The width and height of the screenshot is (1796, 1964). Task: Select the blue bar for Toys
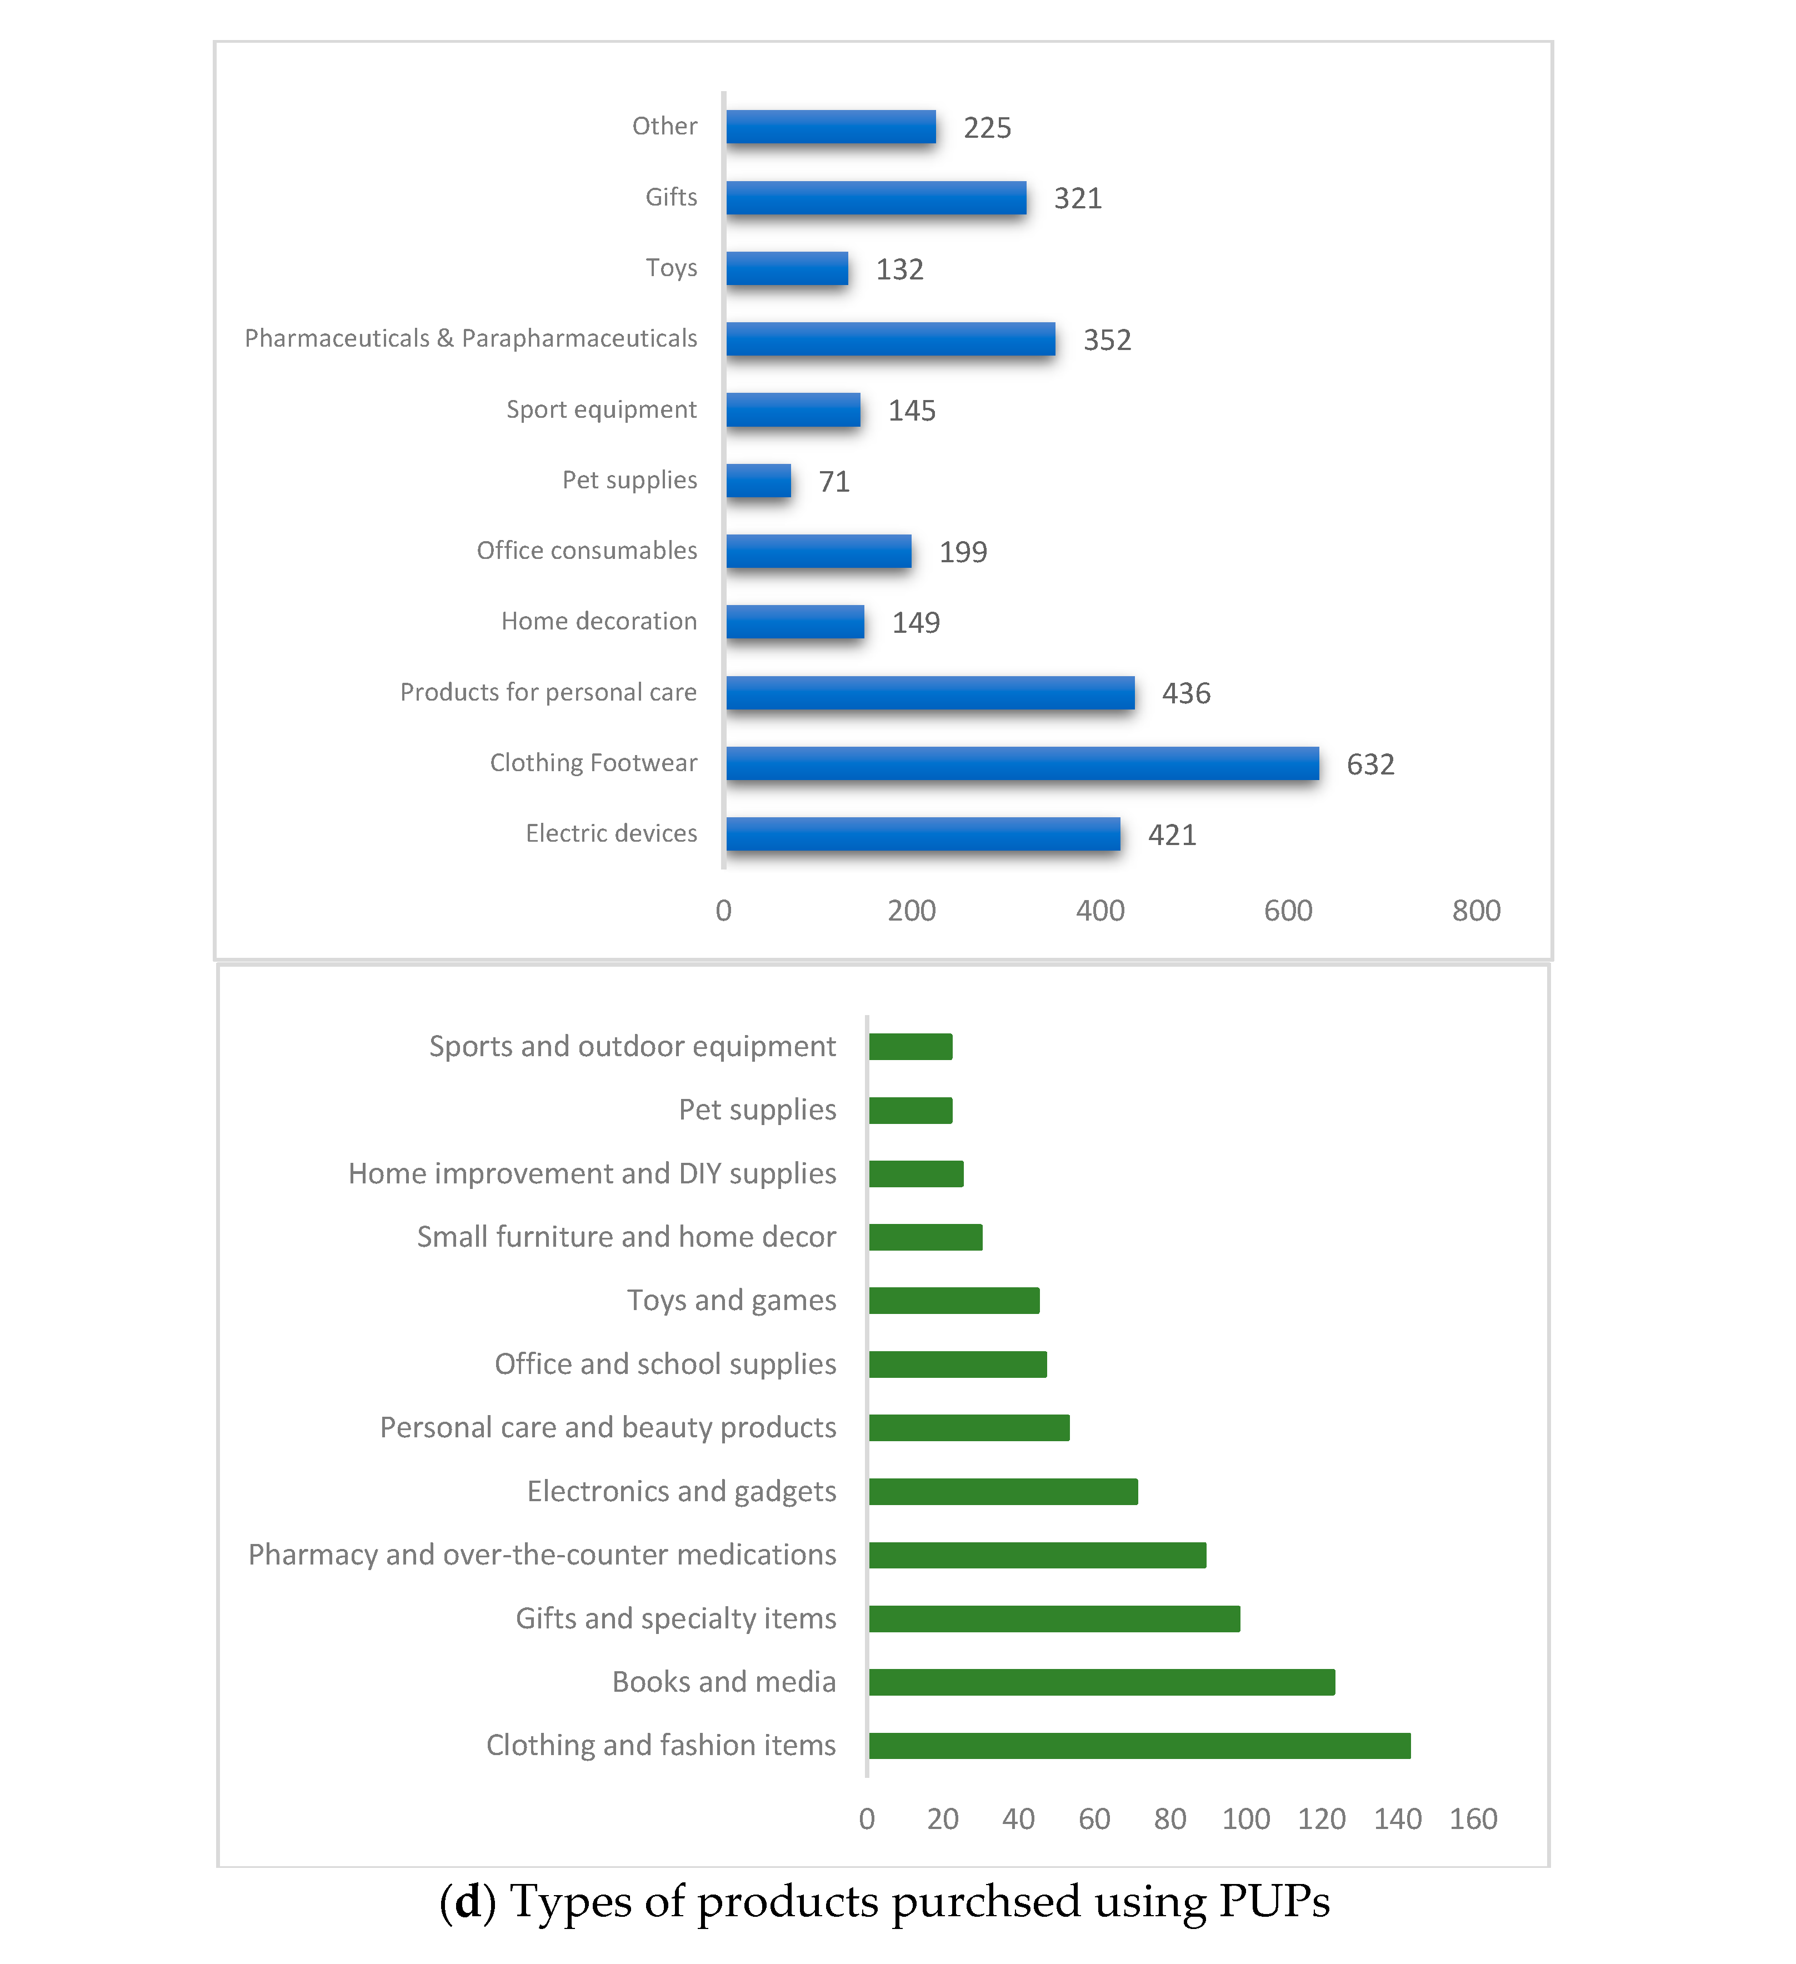pyautogui.click(x=787, y=269)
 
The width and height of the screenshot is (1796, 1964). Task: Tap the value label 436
pyautogui.click(x=1185, y=693)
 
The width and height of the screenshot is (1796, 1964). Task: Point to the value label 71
pyautogui.click(x=834, y=481)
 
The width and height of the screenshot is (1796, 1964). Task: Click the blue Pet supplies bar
pyautogui.click(x=759, y=481)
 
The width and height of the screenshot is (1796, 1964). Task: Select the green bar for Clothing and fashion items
pyautogui.click(x=1139, y=1746)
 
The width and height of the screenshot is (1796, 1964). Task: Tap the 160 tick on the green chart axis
pyautogui.click(x=1473, y=1819)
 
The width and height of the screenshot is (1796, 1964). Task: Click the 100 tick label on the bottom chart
pyautogui.click(x=1245, y=1819)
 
